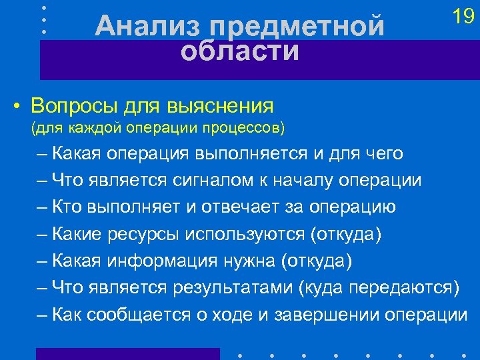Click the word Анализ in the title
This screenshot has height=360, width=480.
pos(147,27)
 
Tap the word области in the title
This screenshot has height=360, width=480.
pos(240,51)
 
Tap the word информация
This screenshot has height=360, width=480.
pos(169,261)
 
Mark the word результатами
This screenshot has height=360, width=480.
pos(234,287)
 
